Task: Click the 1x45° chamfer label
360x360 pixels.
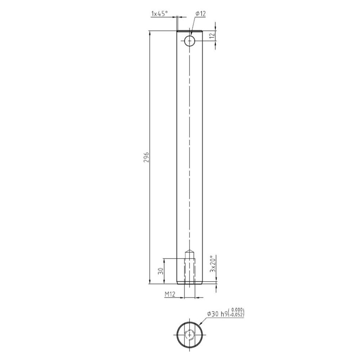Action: [159, 14]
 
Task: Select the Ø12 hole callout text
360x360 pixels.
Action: [200, 14]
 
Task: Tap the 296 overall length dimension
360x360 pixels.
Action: [147, 157]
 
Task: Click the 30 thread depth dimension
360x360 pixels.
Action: [161, 271]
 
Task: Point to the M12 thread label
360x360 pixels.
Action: [170, 294]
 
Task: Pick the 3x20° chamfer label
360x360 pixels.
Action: [213, 264]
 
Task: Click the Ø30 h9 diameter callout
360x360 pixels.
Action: [217, 314]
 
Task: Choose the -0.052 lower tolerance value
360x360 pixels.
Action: [236, 315]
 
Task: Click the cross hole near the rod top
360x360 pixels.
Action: [189, 41]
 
